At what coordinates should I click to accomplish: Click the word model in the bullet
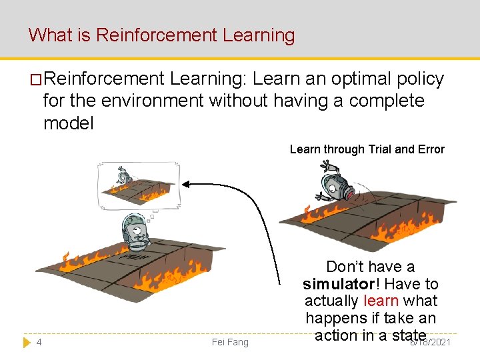click(x=68, y=123)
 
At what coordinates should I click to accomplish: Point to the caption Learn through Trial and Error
click(x=367, y=149)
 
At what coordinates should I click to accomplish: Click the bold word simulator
click(x=338, y=284)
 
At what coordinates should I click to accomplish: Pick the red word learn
click(x=381, y=301)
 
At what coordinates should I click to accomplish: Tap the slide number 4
click(x=39, y=342)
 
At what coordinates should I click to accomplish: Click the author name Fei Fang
click(x=229, y=342)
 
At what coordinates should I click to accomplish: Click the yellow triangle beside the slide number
click(x=27, y=342)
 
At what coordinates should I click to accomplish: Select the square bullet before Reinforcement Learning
click(x=35, y=79)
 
